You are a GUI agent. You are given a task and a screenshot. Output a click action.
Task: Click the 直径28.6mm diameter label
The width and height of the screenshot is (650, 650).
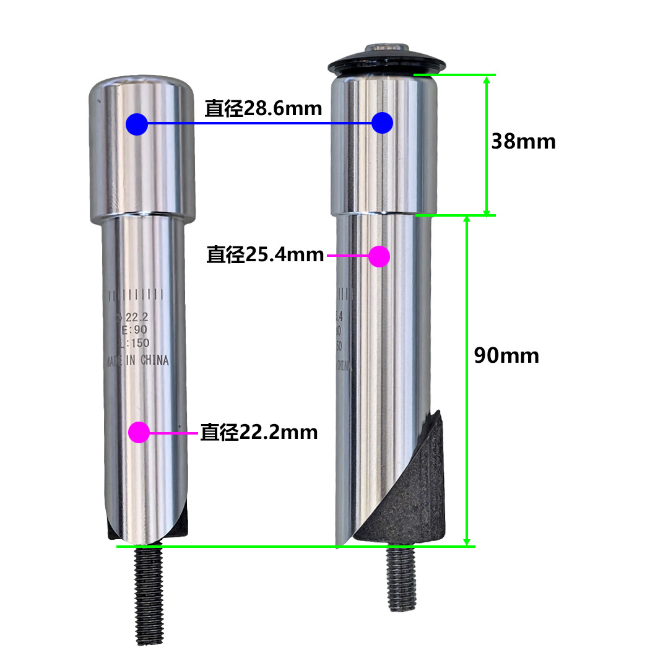pos(263,109)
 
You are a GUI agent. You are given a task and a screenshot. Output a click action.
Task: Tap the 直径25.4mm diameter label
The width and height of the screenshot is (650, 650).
pos(265,254)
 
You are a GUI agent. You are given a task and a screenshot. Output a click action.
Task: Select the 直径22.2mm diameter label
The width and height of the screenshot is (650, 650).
pos(259,431)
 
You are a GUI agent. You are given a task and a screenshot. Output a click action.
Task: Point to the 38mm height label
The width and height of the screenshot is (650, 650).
pos(523,142)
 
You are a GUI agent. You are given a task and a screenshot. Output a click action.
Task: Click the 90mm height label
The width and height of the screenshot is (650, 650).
pos(506,355)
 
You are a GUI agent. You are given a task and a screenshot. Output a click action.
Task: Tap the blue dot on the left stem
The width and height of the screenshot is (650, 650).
pos(136,124)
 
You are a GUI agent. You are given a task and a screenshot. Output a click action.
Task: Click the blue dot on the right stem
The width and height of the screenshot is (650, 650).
pos(383,123)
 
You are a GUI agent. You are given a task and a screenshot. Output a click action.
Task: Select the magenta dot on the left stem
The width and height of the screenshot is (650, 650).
pos(139,431)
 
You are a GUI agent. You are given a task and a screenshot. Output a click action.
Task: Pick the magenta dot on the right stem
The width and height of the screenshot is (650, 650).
pos(379,256)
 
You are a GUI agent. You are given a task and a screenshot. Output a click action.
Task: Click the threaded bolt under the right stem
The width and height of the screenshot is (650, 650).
pos(402,579)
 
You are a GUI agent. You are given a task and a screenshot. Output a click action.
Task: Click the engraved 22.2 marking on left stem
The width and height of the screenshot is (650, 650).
pos(134,318)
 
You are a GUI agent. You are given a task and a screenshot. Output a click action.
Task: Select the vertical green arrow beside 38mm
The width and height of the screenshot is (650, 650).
pos(487,145)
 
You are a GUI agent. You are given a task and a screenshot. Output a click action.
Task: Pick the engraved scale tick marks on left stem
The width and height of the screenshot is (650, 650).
pos(136,295)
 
